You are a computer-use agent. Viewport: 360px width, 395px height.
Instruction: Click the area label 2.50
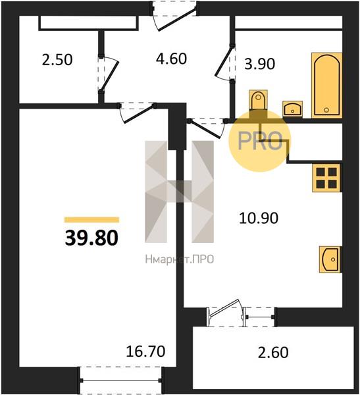57,60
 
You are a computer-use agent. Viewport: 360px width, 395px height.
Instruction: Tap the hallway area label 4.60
171,59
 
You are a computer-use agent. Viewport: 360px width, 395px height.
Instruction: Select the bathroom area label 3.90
260,64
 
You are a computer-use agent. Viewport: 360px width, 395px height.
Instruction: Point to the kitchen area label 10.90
259,218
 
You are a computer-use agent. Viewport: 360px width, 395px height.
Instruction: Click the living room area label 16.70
145,351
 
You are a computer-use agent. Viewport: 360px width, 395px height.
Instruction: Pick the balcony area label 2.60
273,352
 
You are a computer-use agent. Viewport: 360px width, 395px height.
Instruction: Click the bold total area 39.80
91,238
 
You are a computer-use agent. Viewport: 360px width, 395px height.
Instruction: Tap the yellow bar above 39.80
91,220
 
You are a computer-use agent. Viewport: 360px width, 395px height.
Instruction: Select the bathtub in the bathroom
326,86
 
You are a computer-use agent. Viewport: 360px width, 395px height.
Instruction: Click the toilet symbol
258,100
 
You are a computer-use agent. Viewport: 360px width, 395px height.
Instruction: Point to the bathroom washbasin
292,109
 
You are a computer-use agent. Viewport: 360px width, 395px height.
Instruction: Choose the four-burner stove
326,178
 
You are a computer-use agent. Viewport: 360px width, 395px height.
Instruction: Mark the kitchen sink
330,259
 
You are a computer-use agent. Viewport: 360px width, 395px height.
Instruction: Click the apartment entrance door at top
174,16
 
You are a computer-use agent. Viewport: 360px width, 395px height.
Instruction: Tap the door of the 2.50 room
108,74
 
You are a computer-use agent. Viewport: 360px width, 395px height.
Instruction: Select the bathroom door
224,63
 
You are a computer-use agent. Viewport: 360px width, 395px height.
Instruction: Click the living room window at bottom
120,381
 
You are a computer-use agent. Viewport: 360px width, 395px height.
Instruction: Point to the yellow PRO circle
260,141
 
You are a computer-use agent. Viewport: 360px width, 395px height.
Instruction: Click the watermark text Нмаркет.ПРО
180,259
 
